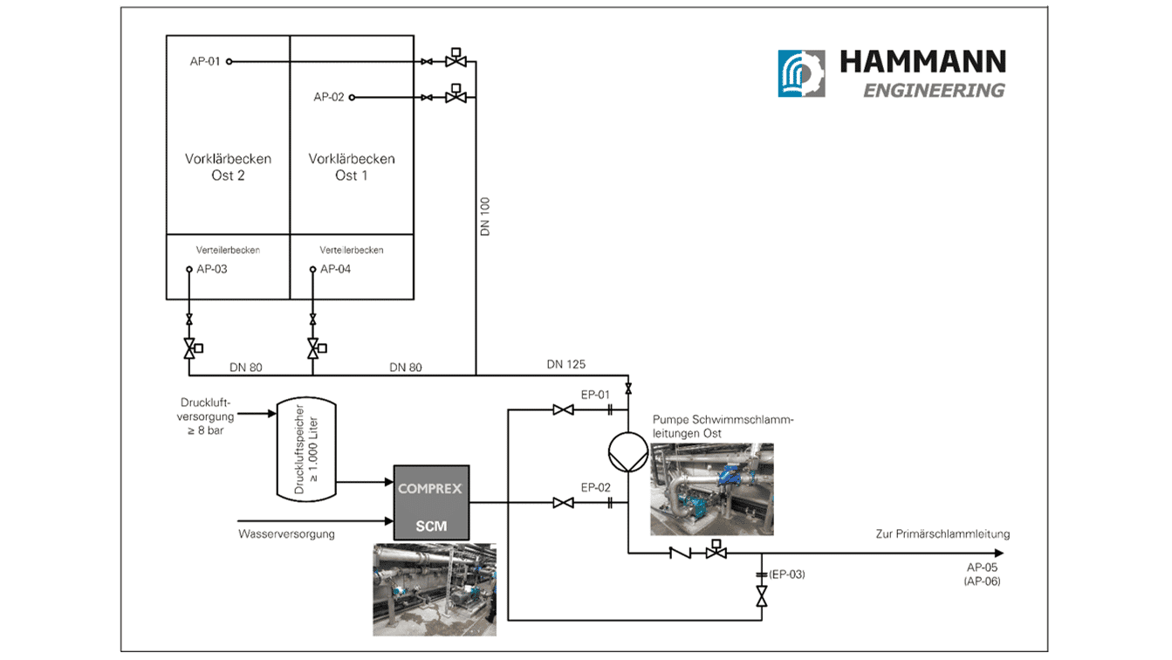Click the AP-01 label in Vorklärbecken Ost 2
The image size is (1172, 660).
[x=205, y=62]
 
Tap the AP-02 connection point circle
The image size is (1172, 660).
[x=352, y=98]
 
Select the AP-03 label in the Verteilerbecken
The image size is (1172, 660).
[x=212, y=269]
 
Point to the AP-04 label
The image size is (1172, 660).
[x=335, y=269]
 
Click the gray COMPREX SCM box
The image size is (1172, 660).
[x=431, y=503]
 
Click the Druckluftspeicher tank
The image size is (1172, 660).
[x=306, y=449]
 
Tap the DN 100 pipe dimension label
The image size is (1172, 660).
[x=485, y=217]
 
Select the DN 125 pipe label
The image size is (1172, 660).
[x=566, y=364]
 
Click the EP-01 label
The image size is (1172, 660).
[x=595, y=395]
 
